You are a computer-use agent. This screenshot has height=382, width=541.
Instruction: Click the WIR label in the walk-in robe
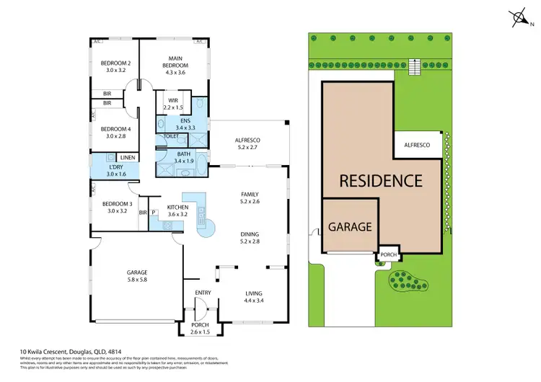tap(173, 100)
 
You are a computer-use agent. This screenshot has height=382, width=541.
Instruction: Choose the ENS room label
tap(185, 120)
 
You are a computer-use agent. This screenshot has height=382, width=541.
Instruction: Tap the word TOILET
tap(172, 136)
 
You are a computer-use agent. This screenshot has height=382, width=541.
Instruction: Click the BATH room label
tap(184, 154)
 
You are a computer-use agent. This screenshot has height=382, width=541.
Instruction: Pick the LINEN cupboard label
tap(128, 157)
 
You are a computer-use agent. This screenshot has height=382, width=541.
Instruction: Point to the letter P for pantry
tap(154, 212)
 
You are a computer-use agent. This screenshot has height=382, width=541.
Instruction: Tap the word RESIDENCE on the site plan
tap(380, 180)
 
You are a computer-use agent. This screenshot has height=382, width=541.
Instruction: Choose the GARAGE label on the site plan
tap(350, 226)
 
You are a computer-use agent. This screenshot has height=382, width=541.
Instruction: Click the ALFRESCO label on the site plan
tap(417, 145)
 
